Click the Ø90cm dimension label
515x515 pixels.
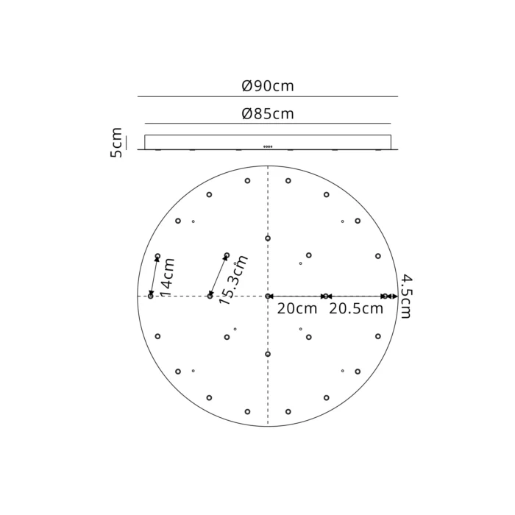click(268, 86)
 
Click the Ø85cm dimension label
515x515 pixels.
click(268, 114)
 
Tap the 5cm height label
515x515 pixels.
click(116, 143)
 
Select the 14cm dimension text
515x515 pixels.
click(168, 277)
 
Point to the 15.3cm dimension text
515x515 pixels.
click(235, 279)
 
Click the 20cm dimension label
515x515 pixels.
click(297, 309)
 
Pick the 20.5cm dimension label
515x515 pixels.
click(356, 309)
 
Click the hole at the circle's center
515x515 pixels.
click(268, 296)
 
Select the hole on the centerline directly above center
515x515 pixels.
click(268, 238)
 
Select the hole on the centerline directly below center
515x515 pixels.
click(268, 354)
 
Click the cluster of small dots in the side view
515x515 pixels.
click(268, 146)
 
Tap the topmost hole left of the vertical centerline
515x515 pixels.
click(247, 180)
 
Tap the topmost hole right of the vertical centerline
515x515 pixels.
click(288, 180)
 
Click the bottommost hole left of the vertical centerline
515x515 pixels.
click(247, 411)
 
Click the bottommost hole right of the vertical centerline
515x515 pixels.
click(288, 411)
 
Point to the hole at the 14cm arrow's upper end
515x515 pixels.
click(157, 256)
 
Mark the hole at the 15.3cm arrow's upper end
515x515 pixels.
click(227, 255)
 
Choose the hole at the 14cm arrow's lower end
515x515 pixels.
click(151, 296)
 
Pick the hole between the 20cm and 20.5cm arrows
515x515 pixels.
click(326, 296)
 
